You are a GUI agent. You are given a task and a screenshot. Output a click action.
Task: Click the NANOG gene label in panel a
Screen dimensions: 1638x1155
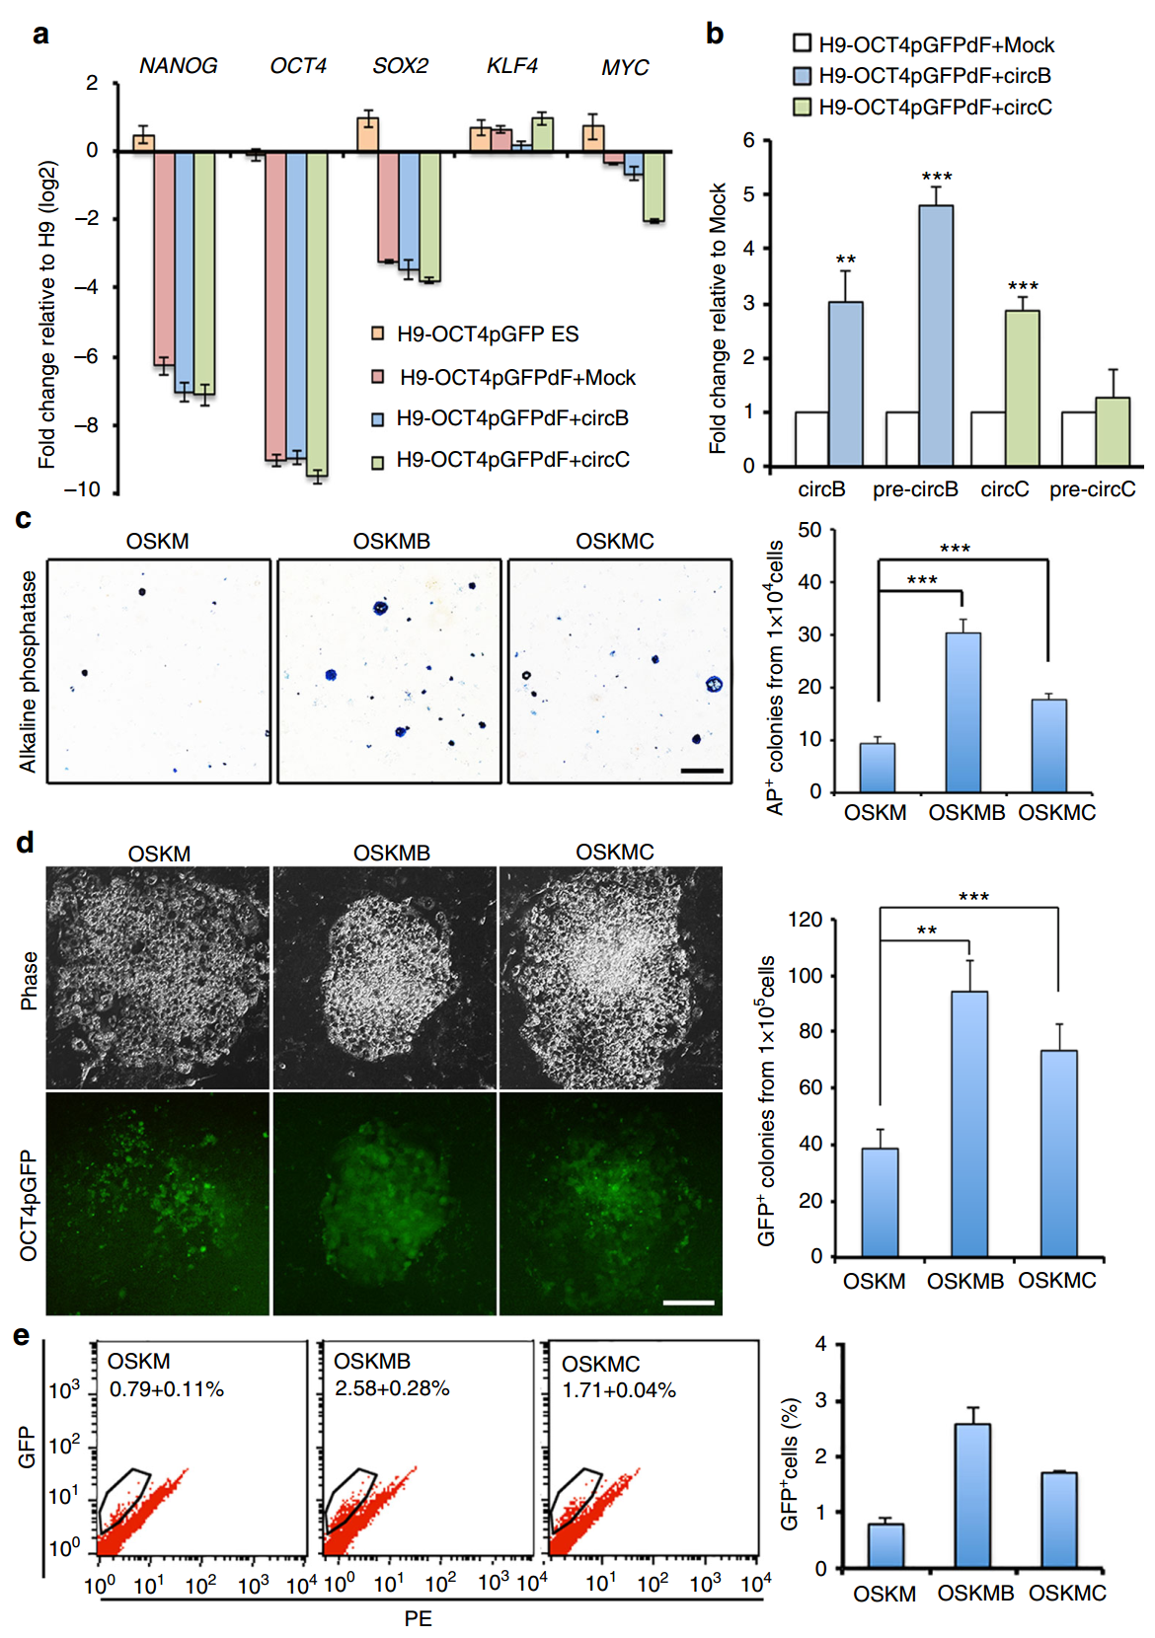click(x=178, y=66)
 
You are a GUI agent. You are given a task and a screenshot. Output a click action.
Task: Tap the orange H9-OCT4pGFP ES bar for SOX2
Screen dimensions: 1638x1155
click(x=368, y=134)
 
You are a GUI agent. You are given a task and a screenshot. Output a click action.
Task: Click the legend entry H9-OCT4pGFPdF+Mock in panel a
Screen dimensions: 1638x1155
click(x=516, y=378)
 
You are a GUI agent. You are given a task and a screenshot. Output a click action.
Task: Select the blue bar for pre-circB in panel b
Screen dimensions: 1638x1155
click(x=936, y=335)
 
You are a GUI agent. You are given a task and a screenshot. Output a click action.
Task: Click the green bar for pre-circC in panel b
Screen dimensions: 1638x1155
click(x=1113, y=431)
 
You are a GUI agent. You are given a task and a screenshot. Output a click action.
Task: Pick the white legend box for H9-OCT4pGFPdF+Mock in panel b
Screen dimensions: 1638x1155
click(x=803, y=43)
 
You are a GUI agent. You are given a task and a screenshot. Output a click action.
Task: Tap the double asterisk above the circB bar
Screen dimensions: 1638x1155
click(x=846, y=261)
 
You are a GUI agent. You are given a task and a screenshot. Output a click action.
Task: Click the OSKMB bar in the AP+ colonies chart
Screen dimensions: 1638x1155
click(x=962, y=711)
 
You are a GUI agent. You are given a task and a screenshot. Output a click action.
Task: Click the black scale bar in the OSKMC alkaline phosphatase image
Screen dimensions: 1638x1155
click(x=702, y=771)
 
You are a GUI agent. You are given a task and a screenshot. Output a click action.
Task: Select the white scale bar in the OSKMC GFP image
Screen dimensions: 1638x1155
click(x=688, y=1303)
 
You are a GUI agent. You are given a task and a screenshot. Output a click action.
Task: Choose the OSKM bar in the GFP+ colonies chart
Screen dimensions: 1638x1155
click(x=880, y=1203)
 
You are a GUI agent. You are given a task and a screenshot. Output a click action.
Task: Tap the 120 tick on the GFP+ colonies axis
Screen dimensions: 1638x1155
click(x=806, y=920)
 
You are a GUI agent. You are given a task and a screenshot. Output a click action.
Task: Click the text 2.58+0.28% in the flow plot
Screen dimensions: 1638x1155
click(x=392, y=1388)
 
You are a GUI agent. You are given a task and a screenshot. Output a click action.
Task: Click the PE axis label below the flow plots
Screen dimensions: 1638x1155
click(x=418, y=1618)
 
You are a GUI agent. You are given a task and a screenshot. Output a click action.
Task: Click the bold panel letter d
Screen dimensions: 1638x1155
click(x=26, y=842)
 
